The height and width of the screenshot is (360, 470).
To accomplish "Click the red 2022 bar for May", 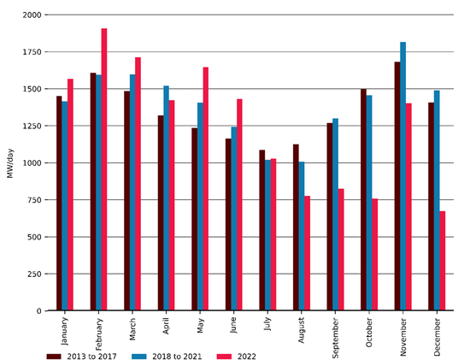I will pos(206,189).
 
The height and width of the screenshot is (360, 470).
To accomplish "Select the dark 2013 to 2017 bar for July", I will pos(261,230).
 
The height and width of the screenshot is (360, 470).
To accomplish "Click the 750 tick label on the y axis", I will pos(32,200).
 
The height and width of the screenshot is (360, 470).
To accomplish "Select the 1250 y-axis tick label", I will pos(30,127).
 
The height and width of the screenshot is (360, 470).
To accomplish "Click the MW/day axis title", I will pos(10,162).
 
